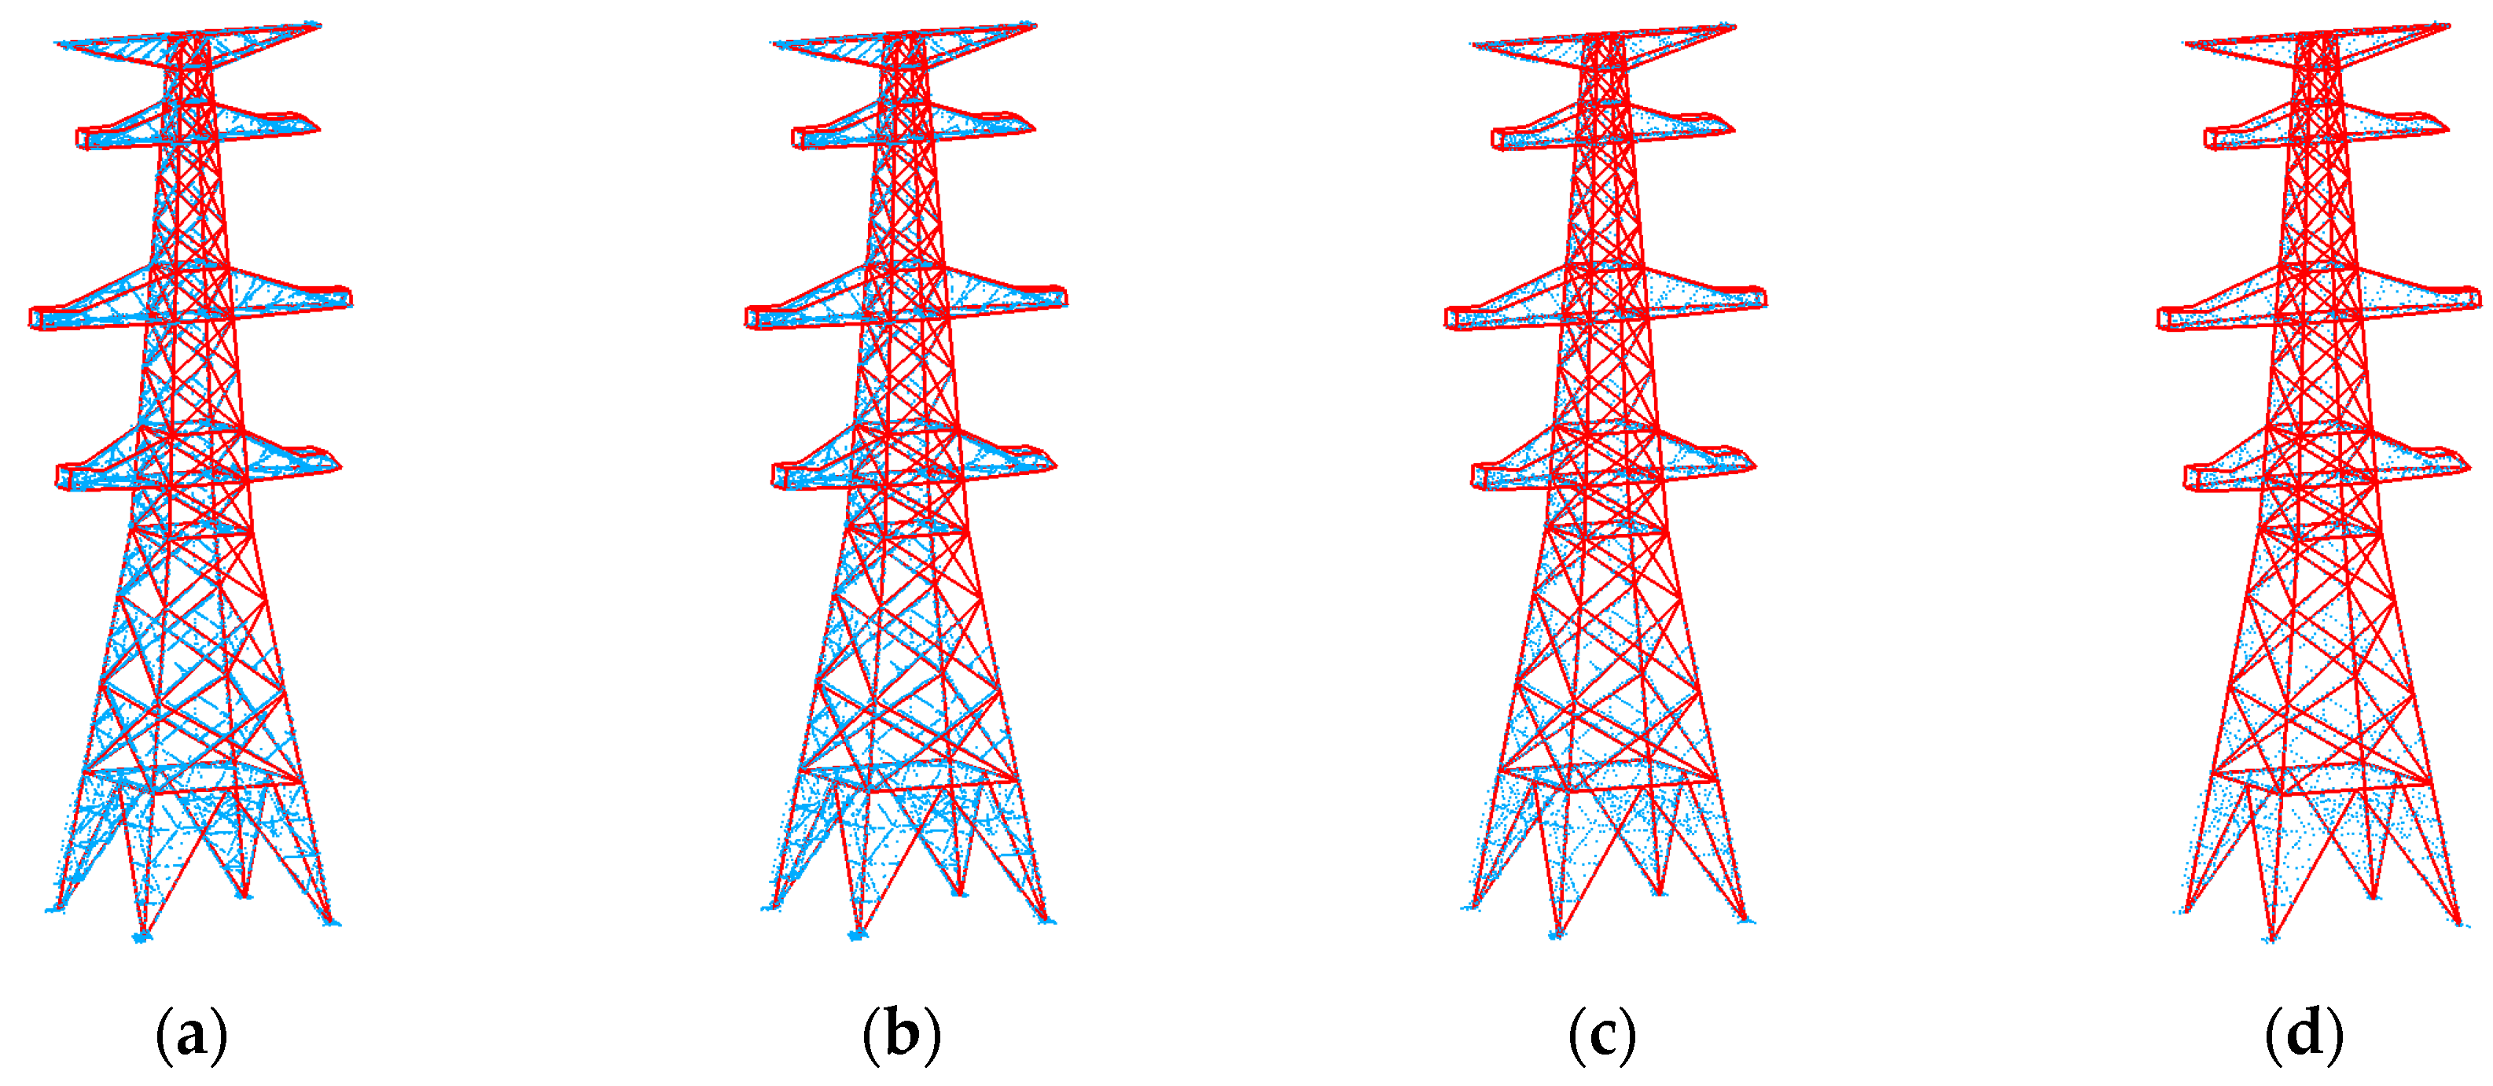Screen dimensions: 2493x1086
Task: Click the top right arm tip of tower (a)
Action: (317, 25)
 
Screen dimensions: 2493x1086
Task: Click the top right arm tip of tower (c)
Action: (1732, 27)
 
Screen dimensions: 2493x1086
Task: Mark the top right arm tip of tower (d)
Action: (2447, 27)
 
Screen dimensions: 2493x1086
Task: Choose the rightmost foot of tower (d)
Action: (2459, 922)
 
